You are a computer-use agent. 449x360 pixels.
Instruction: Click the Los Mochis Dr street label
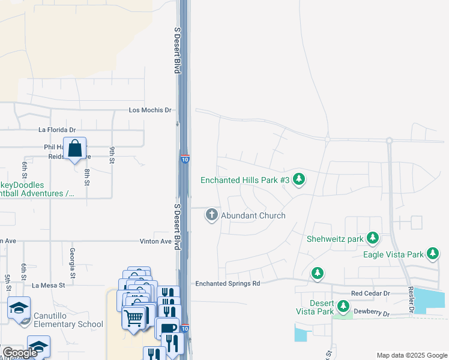150,110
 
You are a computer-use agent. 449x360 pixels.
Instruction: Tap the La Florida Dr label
57,130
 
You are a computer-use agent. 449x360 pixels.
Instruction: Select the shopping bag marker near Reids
74,148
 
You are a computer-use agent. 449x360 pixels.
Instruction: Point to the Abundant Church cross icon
211,215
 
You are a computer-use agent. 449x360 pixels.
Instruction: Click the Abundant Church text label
253,215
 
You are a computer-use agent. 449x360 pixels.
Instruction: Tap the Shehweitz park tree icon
373,239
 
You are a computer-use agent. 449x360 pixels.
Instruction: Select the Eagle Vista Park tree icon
433,254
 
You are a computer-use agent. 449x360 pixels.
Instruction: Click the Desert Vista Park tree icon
343,307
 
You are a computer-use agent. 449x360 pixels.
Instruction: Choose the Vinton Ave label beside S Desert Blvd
157,241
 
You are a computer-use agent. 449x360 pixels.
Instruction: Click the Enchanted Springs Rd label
228,283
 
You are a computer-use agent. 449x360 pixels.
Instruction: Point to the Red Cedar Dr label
370,293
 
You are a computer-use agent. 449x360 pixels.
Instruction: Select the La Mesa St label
49,286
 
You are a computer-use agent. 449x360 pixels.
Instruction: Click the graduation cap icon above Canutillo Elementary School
19,308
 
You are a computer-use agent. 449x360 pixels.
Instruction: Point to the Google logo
19,352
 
